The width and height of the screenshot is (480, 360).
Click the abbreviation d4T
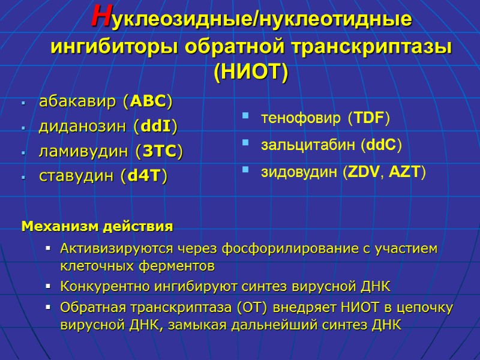(x=144, y=177)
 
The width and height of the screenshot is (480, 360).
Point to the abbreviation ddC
(x=381, y=146)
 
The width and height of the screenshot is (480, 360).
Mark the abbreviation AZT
(x=405, y=173)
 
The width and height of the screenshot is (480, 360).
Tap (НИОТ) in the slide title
(x=251, y=72)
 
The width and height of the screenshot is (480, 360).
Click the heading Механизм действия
(x=97, y=227)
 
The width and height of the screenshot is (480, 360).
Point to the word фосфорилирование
(x=287, y=248)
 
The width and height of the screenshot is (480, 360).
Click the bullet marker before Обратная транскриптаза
(x=49, y=308)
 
